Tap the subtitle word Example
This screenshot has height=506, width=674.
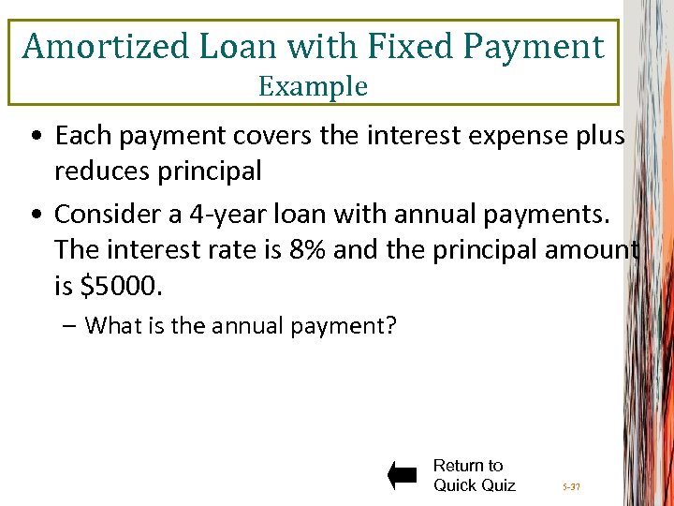(x=313, y=86)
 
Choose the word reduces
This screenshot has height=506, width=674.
(x=101, y=171)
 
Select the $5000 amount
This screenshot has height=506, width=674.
(x=122, y=287)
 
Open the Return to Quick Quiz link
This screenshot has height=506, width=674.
(x=474, y=475)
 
